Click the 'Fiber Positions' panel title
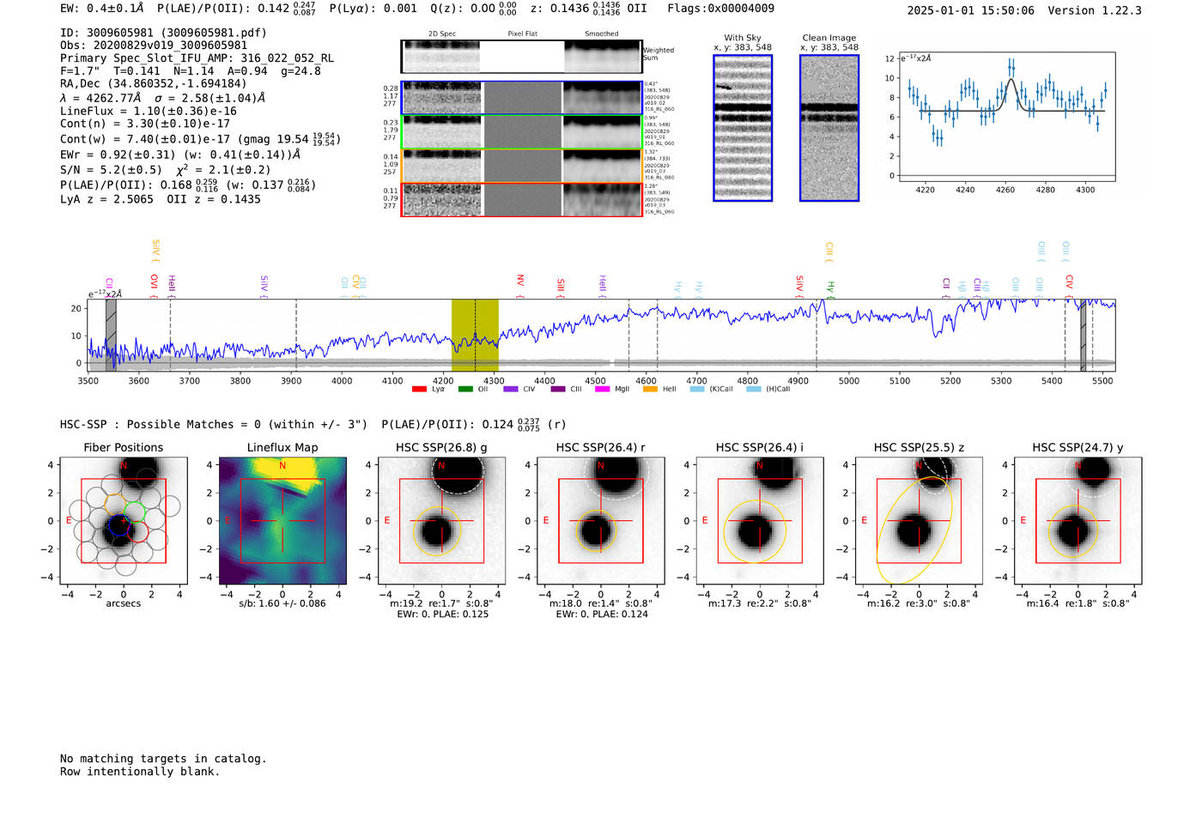pos(123,447)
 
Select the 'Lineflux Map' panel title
pos(282,447)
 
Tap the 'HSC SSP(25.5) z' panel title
pos(919,447)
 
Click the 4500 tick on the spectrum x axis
pos(595,380)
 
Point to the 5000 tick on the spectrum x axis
pos(848,380)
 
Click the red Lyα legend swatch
pos(419,389)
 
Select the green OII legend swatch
pos(465,389)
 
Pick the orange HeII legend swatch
pos(650,389)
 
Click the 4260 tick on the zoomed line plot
pos(1005,190)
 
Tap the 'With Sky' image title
pos(742,38)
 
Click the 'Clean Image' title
pos(829,38)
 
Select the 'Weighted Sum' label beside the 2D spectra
pos(659,54)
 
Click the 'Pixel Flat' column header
pos(522,33)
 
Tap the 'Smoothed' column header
pos(601,33)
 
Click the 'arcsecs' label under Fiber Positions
pos(123,603)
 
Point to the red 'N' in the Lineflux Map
pos(282,466)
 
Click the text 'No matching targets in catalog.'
pos(163,759)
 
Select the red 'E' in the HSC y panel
pos(1023,520)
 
